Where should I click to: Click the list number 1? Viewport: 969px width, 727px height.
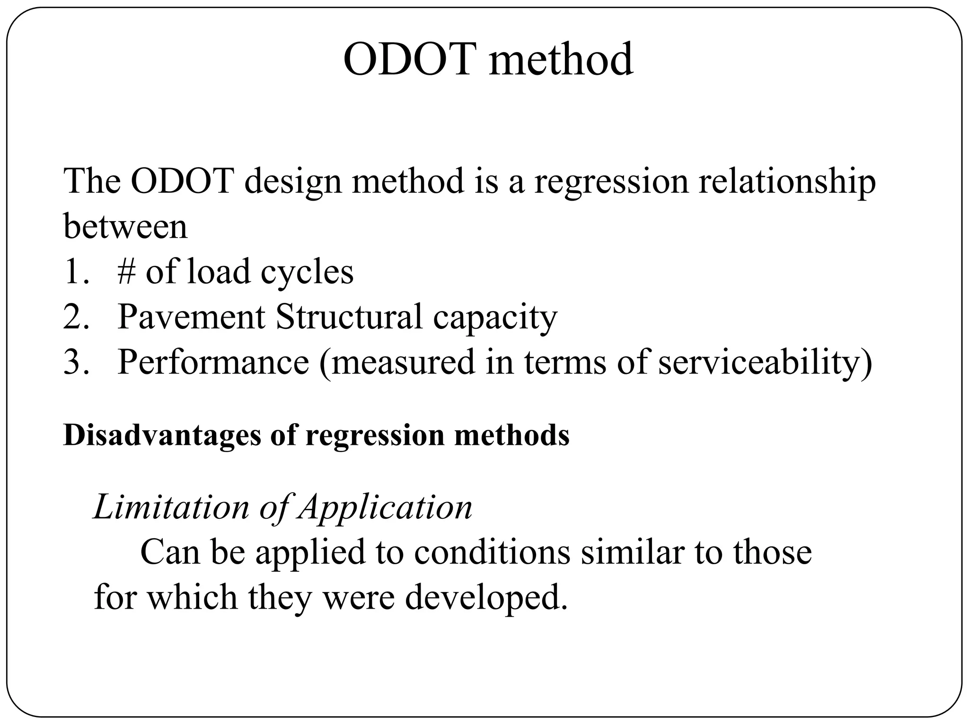tap(76, 272)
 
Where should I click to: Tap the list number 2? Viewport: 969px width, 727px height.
tap(76, 316)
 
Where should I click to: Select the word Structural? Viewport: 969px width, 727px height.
tap(349, 316)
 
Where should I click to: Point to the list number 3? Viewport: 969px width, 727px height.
tap(76, 362)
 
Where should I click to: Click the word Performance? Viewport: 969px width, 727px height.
tap(213, 362)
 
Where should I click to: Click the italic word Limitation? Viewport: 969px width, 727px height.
tap(171, 507)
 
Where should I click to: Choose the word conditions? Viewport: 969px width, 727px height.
tap(492, 552)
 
